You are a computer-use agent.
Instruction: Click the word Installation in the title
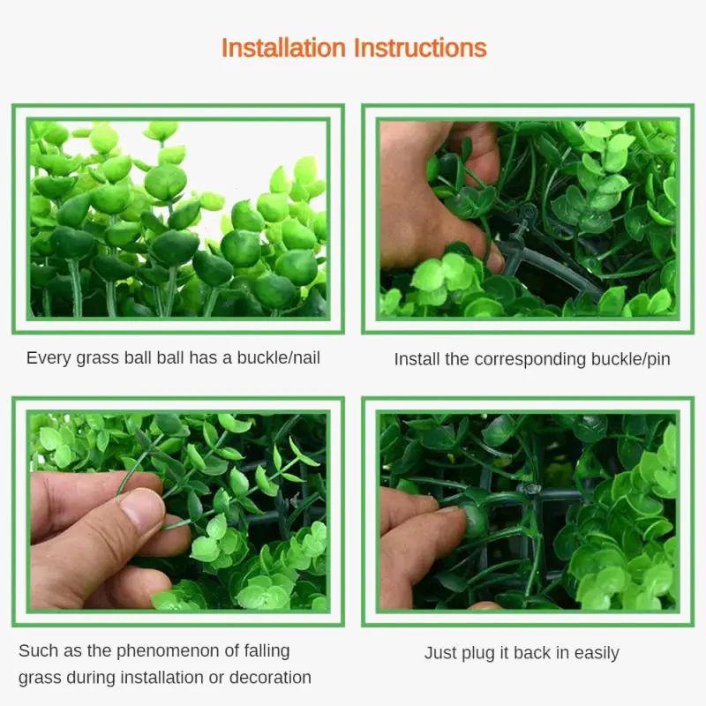click(x=283, y=49)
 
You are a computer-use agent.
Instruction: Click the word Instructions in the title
click(x=421, y=49)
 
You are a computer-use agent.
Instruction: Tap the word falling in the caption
click(x=267, y=651)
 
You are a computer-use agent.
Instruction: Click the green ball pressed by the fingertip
click(x=474, y=521)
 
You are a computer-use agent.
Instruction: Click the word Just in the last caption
click(x=440, y=653)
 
